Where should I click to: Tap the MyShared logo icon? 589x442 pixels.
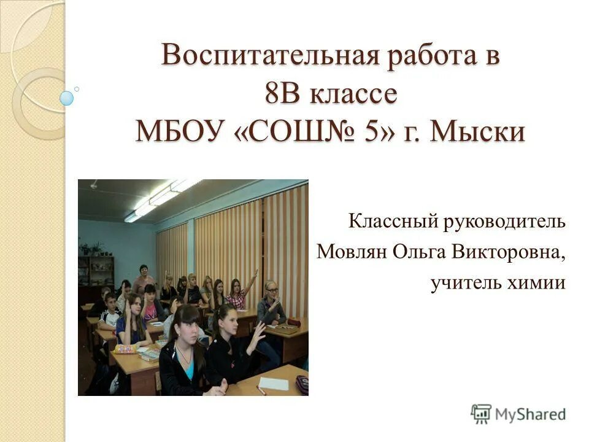481,414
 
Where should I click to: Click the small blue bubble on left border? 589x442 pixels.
67,98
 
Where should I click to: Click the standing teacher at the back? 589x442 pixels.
144,279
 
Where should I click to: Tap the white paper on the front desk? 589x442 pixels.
273,384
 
